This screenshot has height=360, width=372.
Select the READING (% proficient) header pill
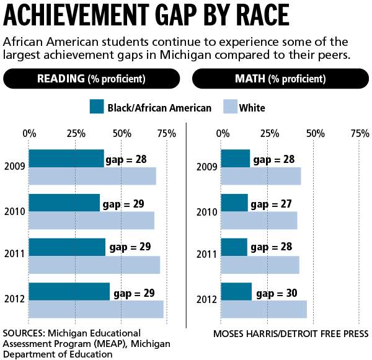point(91,79)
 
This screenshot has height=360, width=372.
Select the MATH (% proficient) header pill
point(280,79)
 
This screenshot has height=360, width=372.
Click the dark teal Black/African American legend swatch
point(96,107)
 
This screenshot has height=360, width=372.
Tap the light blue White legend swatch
point(226,107)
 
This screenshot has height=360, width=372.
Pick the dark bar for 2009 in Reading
point(66,159)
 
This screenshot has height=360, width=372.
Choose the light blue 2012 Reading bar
point(96,309)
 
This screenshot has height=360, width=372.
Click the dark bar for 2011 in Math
point(234,247)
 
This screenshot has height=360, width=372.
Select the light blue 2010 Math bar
point(259,221)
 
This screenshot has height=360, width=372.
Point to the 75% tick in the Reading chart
point(166,133)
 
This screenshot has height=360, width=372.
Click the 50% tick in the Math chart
point(314,133)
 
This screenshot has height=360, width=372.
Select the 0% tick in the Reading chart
point(29,133)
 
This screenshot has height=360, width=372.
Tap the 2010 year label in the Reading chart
point(14,211)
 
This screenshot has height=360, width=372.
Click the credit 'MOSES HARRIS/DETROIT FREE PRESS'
point(291,334)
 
